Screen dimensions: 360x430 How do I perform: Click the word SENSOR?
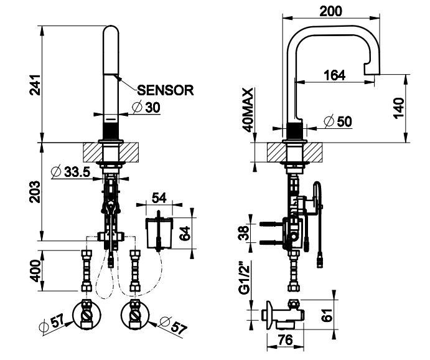(165, 90)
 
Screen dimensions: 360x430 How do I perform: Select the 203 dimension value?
(35, 191)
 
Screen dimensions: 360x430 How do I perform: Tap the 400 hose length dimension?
(35, 270)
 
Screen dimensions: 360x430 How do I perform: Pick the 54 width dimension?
(159, 197)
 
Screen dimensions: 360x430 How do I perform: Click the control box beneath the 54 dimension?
(159, 232)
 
